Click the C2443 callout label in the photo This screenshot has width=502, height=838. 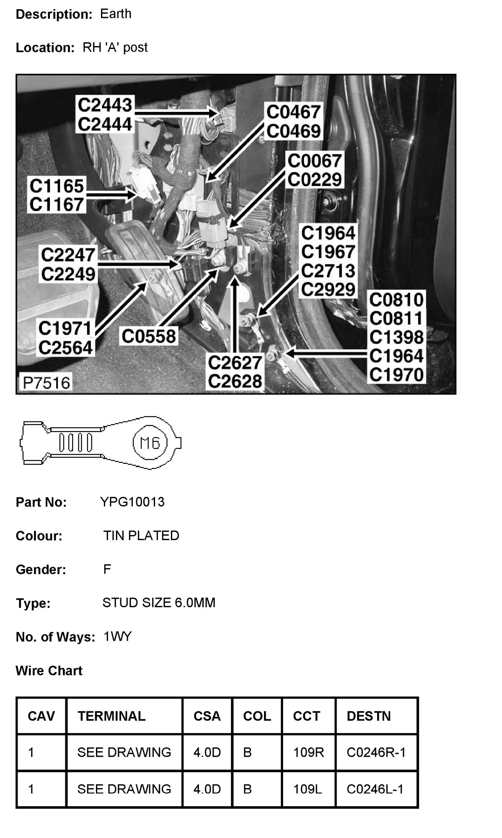pyautogui.click(x=105, y=105)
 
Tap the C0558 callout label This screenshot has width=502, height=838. pyautogui.click(x=149, y=336)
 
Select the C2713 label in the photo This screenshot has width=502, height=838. pyautogui.click(x=328, y=271)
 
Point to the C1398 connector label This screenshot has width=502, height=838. pyautogui.click(x=396, y=337)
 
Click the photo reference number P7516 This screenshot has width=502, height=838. pyautogui.click(x=47, y=383)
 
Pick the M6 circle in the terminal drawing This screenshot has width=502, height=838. pyautogui.click(x=150, y=443)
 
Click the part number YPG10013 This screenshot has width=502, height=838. pyautogui.click(x=132, y=502)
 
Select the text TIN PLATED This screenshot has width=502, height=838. pyautogui.click(x=141, y=535)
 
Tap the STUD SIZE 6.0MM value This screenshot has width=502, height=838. pyautogui.click(x=159, y=603)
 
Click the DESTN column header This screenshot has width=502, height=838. pyautogui.click(x=369, y=716)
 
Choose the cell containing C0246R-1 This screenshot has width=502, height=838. pyautogui.click(x=376, y=753)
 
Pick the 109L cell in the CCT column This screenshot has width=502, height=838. pyautogui.click(x=308, y=789)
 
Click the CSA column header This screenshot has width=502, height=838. pyautogui.click(x=207, y=716)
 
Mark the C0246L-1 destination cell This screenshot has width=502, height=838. pyautogui.click(x=375, y=789)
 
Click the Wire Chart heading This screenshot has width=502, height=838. pyautogui.click(x=49, y=670)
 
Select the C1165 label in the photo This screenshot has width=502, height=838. pyautogui.click(x=57, y=186)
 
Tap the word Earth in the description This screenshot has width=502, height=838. pyautogui.click(x=116, y=14)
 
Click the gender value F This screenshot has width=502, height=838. pyautogui.click(x=107, y=569)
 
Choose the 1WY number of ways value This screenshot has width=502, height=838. pyautogui.click(x=118, y=636)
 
